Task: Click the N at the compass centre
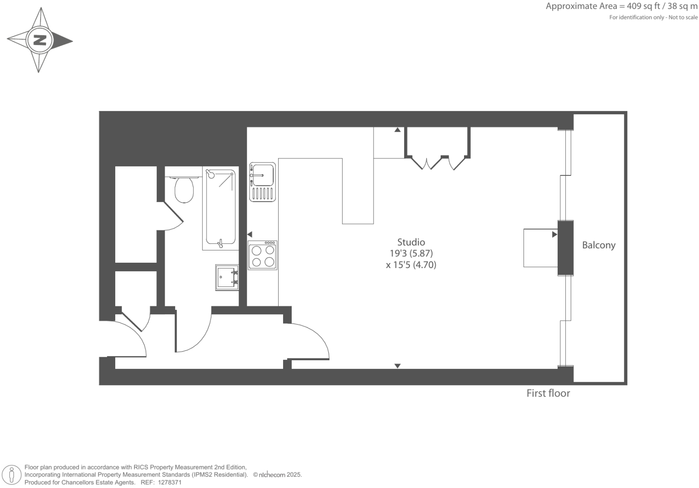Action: tap(40, 40)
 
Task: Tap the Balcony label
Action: tap(598, 245)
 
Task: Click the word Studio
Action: tap(411, 242)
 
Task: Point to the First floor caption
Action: tap(548, 393)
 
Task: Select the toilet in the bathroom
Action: tap(184, 189)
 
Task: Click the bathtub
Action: tap(221, 209)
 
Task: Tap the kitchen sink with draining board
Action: tap(262, 182)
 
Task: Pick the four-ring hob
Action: tap(263, 255)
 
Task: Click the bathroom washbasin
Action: tap(227, 278)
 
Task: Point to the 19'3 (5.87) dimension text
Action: tap(411, 253)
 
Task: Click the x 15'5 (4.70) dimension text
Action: tap(411, 265)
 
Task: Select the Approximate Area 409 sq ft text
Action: tap(621, 6)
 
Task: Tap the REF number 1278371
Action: tap(161, 482)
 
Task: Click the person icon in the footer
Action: tap(12, 475)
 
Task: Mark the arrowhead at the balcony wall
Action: tap(555, 234)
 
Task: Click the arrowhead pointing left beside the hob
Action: tap(249, 234)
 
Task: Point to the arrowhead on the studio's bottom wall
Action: tap(397, 366)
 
